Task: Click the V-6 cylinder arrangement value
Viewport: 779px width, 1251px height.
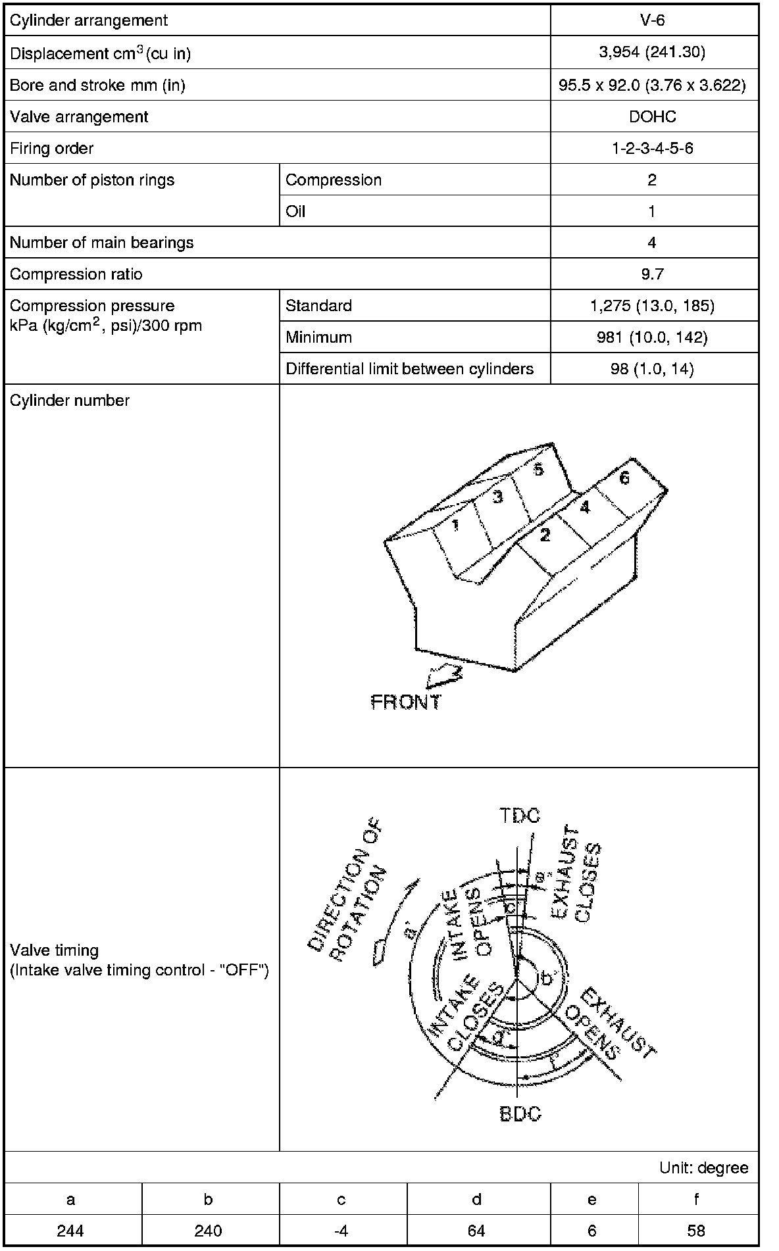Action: [652, 20]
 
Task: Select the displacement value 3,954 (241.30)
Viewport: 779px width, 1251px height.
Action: [652, 53]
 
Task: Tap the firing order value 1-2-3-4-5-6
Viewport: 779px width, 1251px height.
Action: [652, 148]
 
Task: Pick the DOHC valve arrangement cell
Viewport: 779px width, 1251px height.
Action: [652, 116]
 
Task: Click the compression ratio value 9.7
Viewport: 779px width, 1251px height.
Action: [652, 274]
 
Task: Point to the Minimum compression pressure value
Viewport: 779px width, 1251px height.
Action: [652, 337]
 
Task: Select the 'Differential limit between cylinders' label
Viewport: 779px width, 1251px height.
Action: [409, 369]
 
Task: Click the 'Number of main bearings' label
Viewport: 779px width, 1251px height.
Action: [102, 243]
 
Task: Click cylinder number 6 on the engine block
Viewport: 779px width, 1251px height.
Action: [624, 478]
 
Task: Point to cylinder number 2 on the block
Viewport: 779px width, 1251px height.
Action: [544, 535]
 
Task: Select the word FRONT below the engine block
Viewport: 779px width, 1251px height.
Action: [406, 702]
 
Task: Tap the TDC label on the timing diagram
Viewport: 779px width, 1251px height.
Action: [519, 816]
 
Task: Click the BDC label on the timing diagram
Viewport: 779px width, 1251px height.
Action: [520, 1114]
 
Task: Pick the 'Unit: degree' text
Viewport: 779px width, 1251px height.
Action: [703, 1167]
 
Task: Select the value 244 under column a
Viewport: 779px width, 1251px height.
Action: [70, 1230]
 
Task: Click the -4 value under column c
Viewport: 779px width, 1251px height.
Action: [341, 1230]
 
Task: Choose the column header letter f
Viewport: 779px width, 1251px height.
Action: [696, 1199]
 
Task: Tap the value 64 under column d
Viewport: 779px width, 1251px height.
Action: [476, 1230]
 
